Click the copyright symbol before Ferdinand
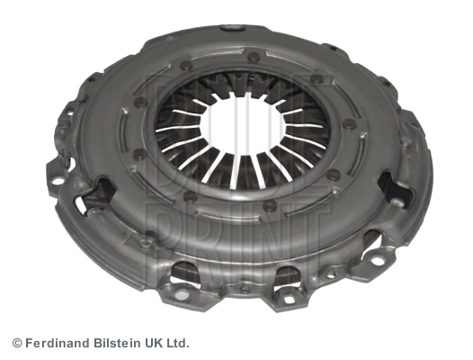[x=17, y=344]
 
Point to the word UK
[x=152, y=343]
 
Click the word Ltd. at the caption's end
[x=177, y=343]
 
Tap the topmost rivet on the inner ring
[x=253, y=56]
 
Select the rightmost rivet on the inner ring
[x=349, y=124]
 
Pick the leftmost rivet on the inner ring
[x=139, y=103]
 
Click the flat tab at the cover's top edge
[x=232, y=28]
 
